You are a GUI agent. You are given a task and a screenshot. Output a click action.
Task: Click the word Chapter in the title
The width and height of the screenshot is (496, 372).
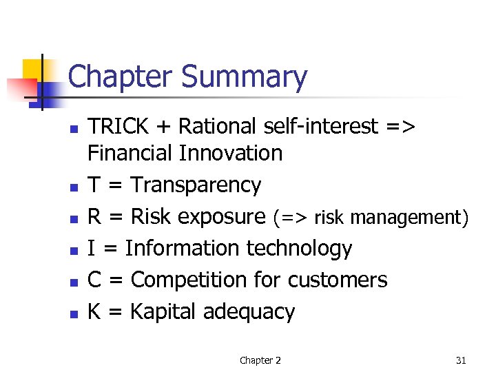click(121, 77)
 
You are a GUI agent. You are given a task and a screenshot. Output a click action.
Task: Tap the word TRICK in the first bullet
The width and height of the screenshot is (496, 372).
click(118, 127)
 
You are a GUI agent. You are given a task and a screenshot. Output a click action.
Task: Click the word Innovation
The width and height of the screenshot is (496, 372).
click(230, 153)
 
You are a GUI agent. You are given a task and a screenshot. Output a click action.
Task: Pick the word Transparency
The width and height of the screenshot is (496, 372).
click(196, 185)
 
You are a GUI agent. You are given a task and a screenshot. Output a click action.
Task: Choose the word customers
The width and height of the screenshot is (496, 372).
click(338, 280)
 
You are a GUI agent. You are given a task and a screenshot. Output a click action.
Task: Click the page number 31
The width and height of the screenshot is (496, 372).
click(461, 360)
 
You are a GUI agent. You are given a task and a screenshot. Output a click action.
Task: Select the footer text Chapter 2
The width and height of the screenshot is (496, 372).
click(260, 360)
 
